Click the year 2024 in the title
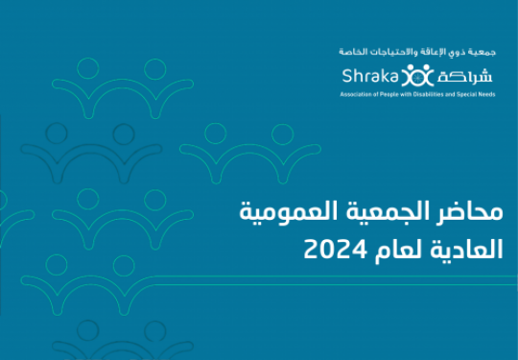[x=336, y=250]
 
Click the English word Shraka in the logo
[x=370, y=76]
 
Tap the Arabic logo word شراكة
[x=464, y=77]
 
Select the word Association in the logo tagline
[x=352, y=94]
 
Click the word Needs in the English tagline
[x=488, y=94]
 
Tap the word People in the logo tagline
[x=378, y=94]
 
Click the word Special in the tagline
[x=472, y=94]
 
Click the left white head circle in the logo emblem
[x=410, y=67]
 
